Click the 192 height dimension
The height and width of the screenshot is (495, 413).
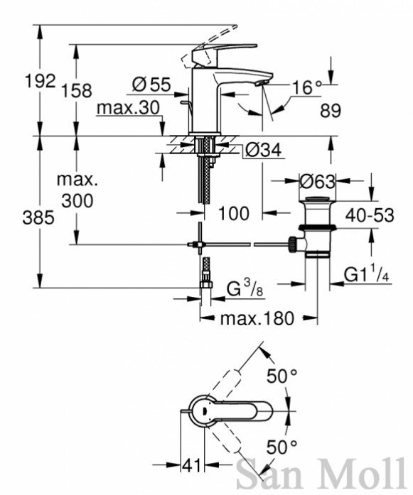point(40,81)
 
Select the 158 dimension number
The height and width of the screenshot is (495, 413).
point(76,90)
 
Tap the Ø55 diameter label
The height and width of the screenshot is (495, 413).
point(151,85)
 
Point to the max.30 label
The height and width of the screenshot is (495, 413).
point(128,108)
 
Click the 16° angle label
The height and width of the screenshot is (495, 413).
point(306,88)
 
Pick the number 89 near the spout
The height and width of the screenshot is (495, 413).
point(331,111)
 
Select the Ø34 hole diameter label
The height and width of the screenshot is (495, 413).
point(263,150)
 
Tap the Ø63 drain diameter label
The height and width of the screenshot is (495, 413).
point(317,182)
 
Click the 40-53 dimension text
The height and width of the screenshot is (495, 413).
point(370,216)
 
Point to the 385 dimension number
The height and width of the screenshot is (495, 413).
point(38,218)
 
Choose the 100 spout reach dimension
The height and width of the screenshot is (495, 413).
point(234,213)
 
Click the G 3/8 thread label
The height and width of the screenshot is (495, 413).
point(245,289)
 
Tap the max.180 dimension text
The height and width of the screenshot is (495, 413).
point(257,319)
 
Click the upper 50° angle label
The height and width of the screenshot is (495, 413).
point(282,376)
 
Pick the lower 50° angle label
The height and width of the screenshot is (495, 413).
point(282,447)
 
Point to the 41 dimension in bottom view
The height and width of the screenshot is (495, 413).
point(191,465)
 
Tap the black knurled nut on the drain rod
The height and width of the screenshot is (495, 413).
point(293,244)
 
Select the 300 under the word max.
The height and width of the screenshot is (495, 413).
point(77,201)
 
